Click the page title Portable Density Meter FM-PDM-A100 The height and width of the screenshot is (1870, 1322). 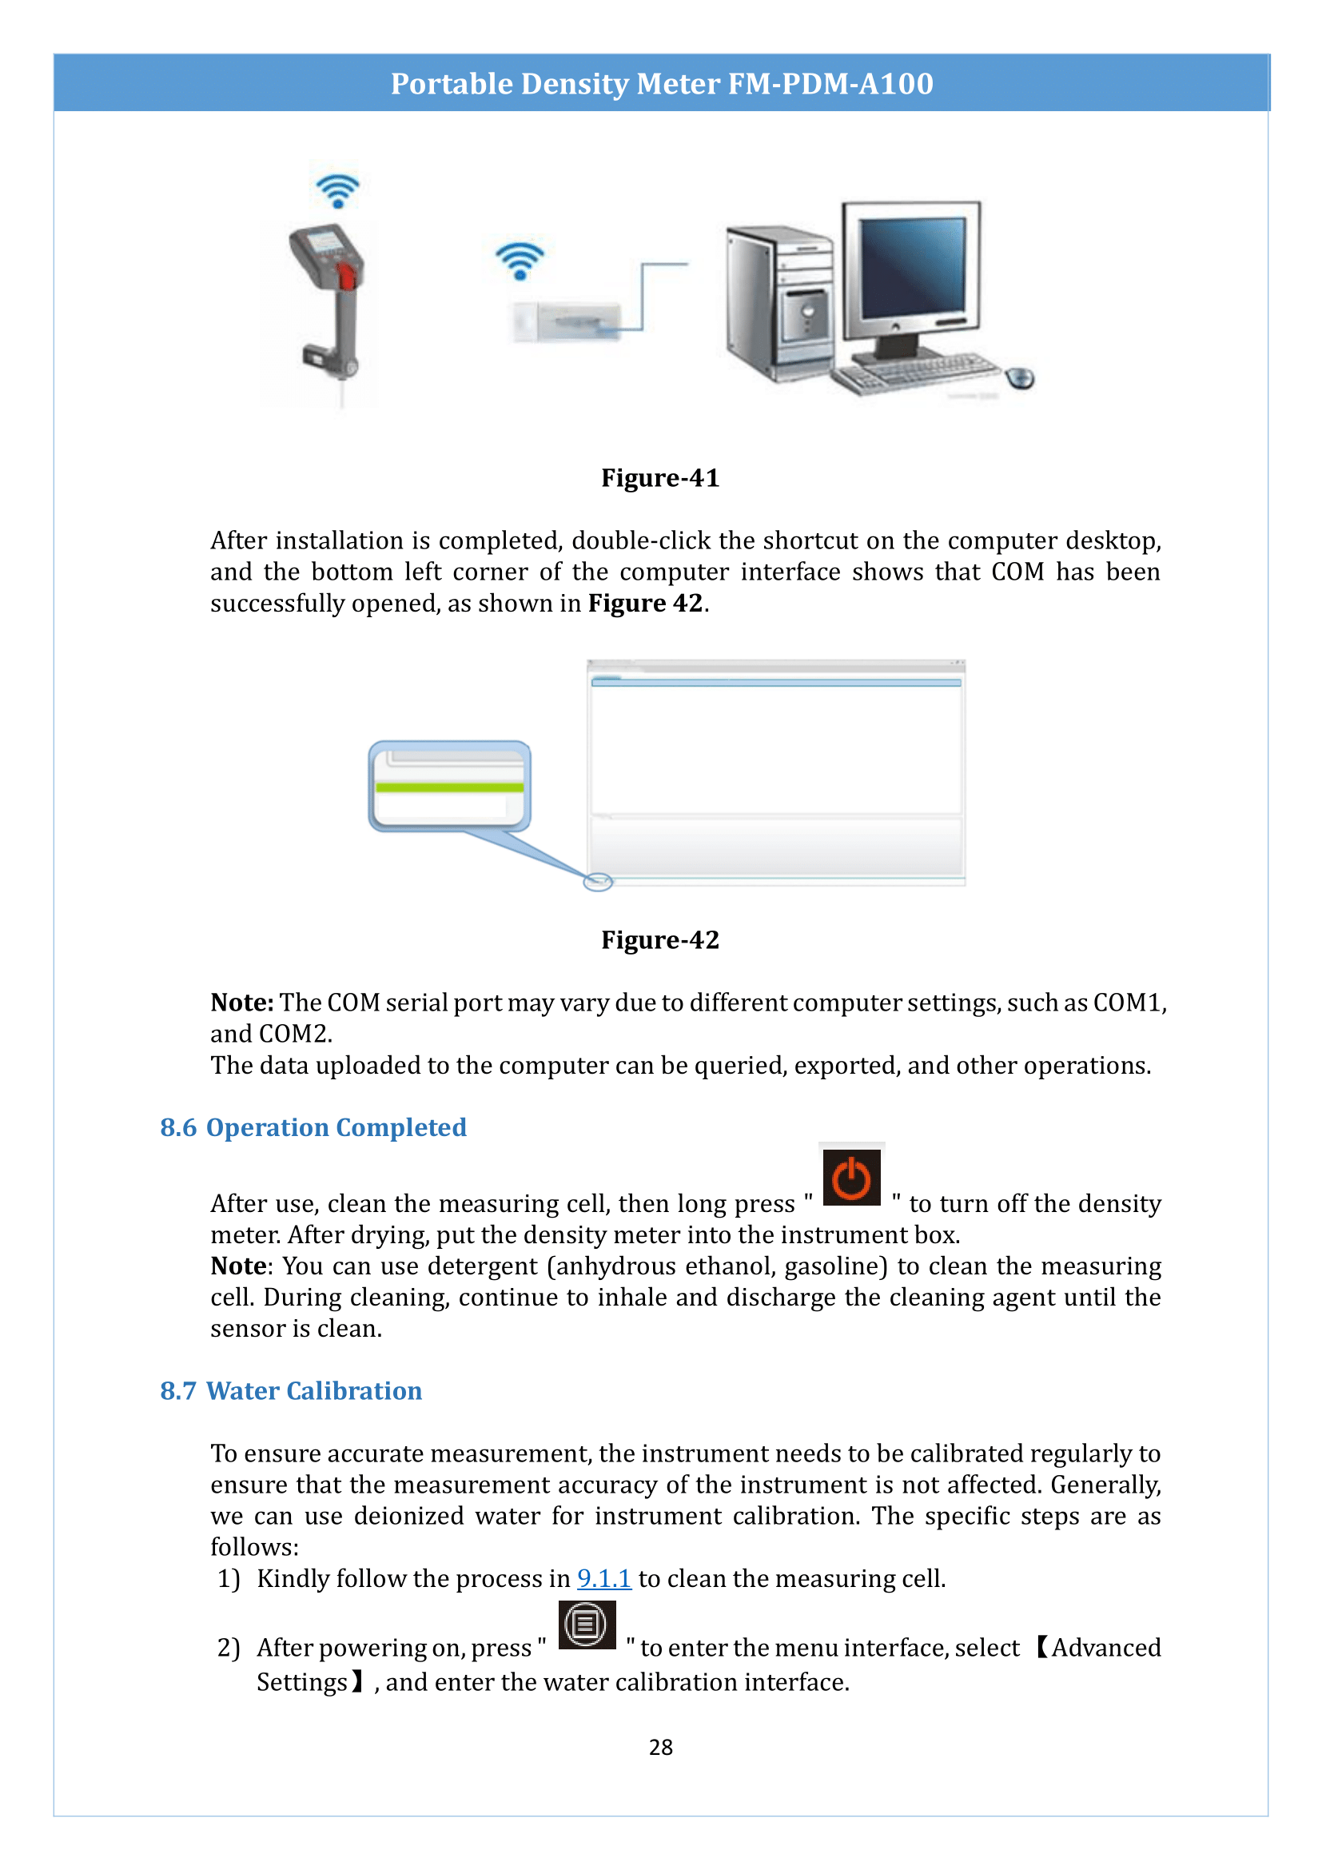point(661,84)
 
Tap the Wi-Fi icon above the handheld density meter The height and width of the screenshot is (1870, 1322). point(337,190)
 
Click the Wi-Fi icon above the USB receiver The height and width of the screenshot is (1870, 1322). point(520,261)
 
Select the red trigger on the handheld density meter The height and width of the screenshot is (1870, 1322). point(346,276)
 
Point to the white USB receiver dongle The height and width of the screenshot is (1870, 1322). point(567,321)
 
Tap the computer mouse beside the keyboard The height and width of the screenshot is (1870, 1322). point(1020,378)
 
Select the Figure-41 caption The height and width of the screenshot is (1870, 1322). point(660,478)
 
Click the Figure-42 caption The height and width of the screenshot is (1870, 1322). point(660,940)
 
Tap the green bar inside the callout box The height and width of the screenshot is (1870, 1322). point(449,787)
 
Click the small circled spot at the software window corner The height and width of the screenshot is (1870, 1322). point(598,882)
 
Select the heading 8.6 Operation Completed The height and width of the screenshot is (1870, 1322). point(313,1127)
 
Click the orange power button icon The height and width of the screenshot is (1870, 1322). point(851,1177)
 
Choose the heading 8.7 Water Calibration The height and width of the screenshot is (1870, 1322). point(291,1390)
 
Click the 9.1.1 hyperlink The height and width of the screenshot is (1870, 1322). point(603,1578)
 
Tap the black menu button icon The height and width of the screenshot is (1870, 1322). point(586,1625)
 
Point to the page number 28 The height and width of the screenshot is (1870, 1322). point(660,1747)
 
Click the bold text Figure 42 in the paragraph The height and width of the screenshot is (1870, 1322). point(645,604)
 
